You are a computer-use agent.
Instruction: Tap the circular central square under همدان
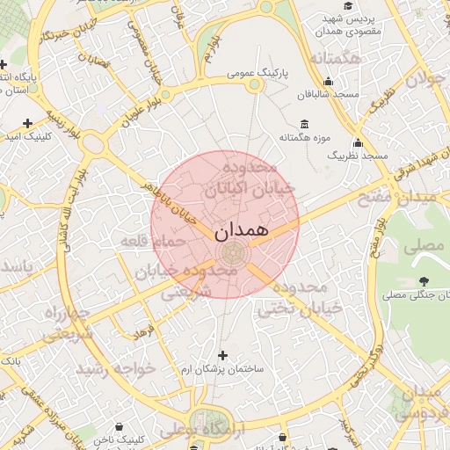234,255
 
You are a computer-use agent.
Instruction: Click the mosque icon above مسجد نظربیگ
357,142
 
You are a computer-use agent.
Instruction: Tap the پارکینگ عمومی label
254,74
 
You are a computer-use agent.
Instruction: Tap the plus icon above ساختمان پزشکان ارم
221,356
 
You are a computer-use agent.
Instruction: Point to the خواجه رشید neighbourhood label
116,367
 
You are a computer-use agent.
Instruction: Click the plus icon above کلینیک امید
28,123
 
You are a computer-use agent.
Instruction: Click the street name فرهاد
143,330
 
